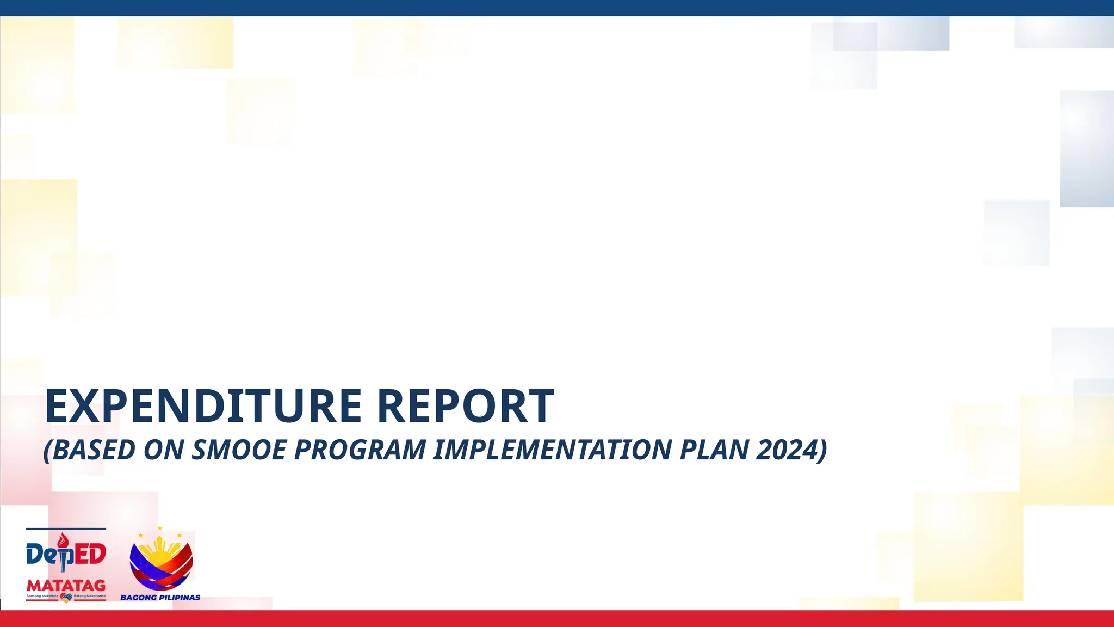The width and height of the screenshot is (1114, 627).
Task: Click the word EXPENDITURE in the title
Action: pos(203,406)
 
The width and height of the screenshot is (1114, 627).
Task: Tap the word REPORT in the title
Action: pos(466,406)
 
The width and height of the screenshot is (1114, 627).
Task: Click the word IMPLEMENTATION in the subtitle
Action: pos(552,450)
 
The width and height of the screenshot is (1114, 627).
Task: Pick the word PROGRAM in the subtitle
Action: pos(360,450)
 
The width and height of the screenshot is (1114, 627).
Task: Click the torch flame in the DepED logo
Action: pos(64,540)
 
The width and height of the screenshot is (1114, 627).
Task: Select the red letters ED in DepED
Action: pos(90,555)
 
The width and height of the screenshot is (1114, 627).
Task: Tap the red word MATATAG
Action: pos(66,586)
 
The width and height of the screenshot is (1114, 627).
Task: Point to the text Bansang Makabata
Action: pos(42,596)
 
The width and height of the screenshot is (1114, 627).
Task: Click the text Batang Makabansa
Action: pos(90,596)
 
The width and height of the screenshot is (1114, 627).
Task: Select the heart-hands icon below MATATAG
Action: pos(66,597)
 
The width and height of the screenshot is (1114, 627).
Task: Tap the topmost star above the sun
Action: pos(160,528)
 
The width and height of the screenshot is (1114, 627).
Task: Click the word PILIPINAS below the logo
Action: pos(180,598)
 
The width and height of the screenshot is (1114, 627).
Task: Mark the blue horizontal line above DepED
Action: pos(66,528)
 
